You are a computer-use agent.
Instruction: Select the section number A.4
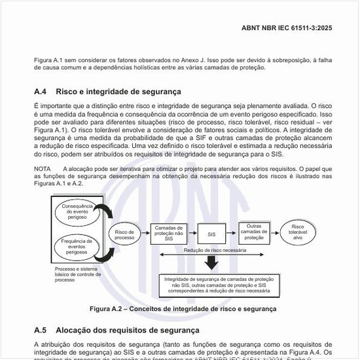click(42, 92)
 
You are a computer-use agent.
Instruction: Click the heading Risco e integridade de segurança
click(118, 92)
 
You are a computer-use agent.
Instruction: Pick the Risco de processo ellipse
click(124, 234)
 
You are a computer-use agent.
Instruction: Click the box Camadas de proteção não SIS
click(169, 232)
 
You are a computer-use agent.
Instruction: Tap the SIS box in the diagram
click(211, 233)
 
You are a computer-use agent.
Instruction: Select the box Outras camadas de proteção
click(254, 232)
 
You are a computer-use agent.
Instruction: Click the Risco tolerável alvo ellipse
click(298, 232)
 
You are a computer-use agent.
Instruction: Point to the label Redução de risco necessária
click(215, 251)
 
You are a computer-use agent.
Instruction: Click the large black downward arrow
click(211, 263)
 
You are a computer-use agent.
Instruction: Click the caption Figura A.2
click(183, 308)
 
